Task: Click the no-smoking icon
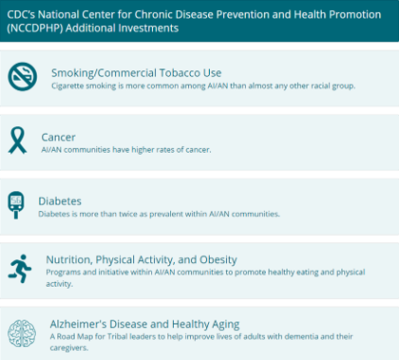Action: pos(23,77)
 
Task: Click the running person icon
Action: pos(20,269)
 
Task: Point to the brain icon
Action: pos(22,333)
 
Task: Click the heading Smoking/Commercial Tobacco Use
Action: pos(136,71)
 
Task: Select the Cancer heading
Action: pos(58,137)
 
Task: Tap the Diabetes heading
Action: pos(60,200)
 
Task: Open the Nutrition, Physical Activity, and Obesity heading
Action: pos(142,258)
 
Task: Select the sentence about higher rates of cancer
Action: pos(126,150)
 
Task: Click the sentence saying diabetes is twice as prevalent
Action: pos(159,214)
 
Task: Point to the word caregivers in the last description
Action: pos(71,348)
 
